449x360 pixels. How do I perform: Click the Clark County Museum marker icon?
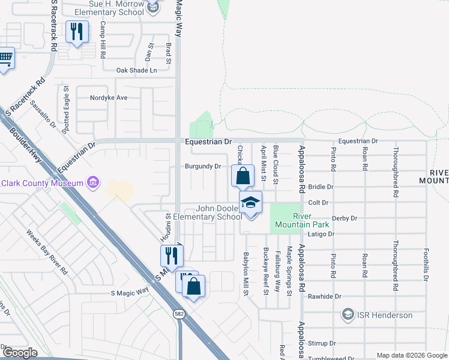point(92,181)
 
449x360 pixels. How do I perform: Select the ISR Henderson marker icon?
point(348,314)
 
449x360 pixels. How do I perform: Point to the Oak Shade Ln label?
point(136,70)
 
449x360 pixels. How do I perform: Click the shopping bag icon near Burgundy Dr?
point(243,176)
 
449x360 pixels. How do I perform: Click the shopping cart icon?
point(5,58)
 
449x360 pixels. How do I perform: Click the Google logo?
point(20,353)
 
